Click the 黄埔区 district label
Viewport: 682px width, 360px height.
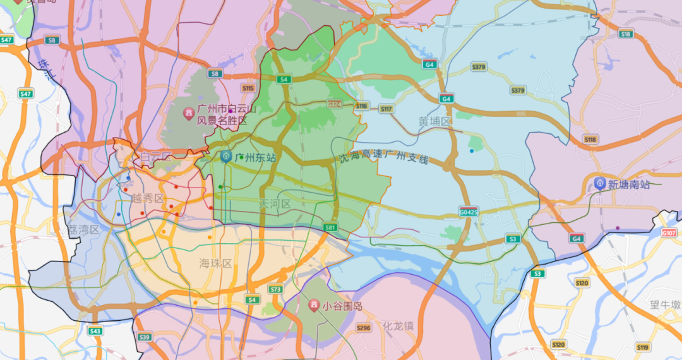436,121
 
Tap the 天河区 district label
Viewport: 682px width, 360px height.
275,204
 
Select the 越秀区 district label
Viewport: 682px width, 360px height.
148,198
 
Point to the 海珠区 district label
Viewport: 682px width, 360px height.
216,263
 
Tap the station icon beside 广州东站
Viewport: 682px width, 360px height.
226,157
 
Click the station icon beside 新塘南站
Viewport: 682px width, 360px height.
599,184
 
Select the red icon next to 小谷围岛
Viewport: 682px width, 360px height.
313,306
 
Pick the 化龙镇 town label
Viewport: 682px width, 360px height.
398,326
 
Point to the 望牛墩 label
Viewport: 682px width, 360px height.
664,305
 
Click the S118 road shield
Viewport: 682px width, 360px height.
590,139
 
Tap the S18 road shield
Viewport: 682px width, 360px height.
626,34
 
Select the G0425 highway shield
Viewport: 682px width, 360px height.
469,212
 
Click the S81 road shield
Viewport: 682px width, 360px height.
330,227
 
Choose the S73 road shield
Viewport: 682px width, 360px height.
275,289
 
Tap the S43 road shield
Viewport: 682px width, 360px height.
95,330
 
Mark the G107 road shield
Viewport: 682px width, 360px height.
669,233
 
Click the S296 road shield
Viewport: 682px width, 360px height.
364,328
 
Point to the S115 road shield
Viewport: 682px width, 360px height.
248,88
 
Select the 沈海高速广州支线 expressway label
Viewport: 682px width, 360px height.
383,158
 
